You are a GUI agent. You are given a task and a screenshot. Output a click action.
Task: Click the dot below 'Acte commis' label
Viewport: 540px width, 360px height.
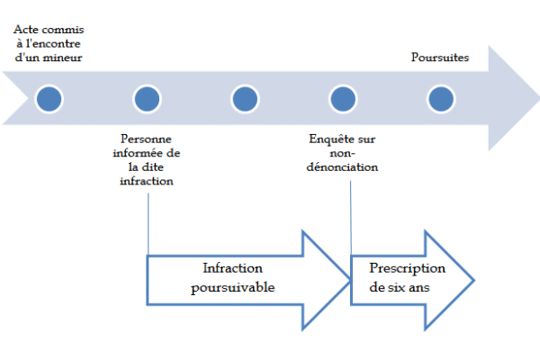click(49, 99)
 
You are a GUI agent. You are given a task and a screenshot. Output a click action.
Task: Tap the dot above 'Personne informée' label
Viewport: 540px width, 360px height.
click(147, 99)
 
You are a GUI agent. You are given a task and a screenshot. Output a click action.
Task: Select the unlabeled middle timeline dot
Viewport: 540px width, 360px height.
click(245, 99)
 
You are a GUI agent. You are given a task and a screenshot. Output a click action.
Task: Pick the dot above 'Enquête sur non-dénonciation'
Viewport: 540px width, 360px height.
click(343, 99)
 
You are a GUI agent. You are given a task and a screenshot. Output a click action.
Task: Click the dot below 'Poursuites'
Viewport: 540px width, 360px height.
click(441, 99)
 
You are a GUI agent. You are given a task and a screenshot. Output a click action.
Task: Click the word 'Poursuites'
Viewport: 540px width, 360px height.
click(440, 58)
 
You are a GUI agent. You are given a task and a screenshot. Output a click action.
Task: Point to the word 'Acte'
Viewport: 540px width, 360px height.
click(25, 30)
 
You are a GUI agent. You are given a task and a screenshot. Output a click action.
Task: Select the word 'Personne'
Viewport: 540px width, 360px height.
click(146, 139)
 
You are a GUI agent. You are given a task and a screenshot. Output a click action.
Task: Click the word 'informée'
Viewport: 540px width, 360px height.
click(137, 153)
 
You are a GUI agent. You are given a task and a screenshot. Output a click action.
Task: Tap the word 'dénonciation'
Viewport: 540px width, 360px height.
click(342, 167)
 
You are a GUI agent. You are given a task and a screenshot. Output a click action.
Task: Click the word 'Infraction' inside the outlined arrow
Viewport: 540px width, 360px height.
click(232, 268)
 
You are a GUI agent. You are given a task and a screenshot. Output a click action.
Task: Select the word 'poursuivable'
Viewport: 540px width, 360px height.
click(233, 287)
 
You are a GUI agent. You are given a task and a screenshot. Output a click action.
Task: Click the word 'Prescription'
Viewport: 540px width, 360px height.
click(407, 268)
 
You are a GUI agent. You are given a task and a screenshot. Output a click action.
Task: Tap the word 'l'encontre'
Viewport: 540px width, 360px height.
click(53, 43)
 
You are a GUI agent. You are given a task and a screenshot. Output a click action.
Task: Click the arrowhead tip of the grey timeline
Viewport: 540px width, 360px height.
click(538, 98)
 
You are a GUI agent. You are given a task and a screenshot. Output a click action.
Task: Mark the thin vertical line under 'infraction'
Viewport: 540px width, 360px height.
click(148, 224)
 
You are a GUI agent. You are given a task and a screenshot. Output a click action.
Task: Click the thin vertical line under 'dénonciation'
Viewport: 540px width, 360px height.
click(351, 218)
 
